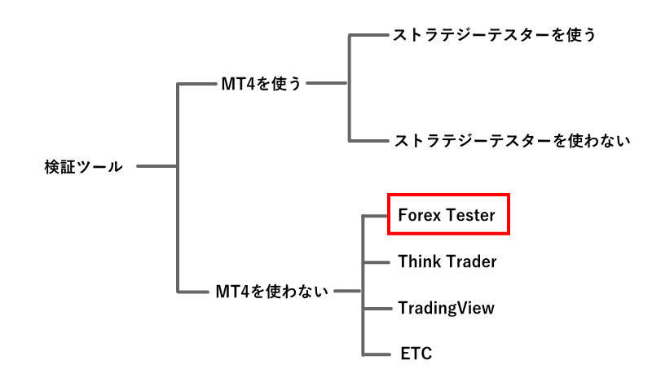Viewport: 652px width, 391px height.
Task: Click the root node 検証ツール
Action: [83, 167]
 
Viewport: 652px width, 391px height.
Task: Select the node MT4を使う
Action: [261, 83]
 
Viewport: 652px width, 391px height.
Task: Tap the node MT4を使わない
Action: [272, 291]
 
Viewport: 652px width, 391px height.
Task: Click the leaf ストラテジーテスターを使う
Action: [495, 35]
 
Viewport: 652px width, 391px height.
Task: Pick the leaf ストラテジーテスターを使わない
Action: [512, 140]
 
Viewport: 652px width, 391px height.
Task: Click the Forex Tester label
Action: [447, 215]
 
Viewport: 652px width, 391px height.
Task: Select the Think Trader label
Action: [447, 261]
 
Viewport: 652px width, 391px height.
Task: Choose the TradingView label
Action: [446, 308]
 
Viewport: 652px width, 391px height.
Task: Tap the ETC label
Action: [416, 354]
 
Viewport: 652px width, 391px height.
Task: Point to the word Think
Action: [419, 261]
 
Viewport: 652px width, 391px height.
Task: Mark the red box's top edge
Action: [448, 195]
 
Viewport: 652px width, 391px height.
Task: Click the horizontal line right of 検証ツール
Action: [156, 166]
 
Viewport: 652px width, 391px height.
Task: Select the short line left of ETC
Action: [375, 354]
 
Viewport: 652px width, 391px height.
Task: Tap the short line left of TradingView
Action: [375, 308]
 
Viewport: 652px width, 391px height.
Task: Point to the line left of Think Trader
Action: [375, 261]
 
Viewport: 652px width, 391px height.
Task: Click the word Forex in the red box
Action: [419, 215]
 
